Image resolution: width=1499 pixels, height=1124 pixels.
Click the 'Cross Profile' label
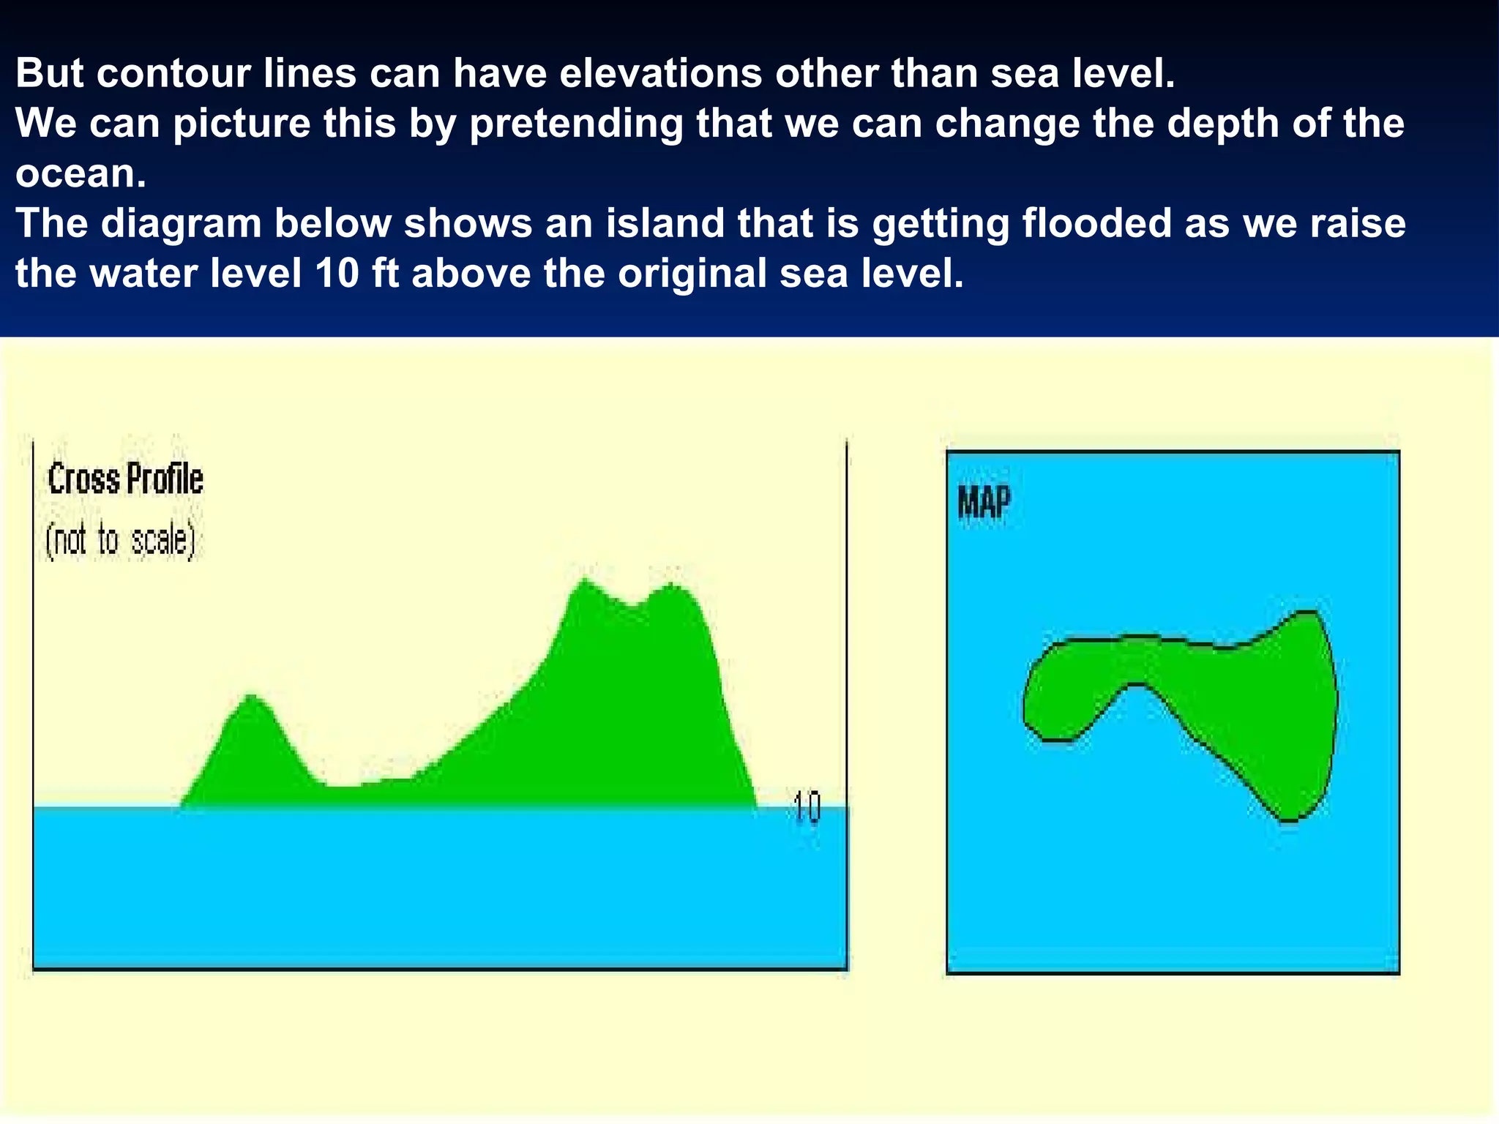125,480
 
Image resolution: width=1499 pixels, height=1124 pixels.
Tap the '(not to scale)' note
120,542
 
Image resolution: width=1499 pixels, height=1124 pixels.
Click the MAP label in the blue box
984,503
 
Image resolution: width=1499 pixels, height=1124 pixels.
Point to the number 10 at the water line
807,808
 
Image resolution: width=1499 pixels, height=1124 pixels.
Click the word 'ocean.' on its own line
81,173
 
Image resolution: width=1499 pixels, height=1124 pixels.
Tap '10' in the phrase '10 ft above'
337,273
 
